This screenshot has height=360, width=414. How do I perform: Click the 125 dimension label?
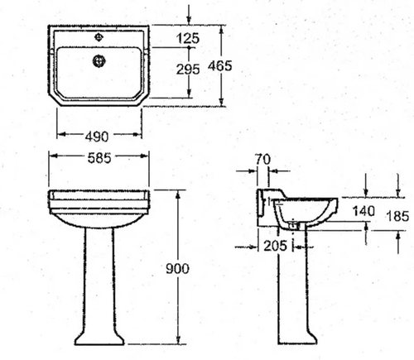click(x=188, y=38)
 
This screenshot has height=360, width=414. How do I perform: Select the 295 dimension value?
click(x=188, y=69)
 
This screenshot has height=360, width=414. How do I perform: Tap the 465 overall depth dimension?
click(x=220, y=65)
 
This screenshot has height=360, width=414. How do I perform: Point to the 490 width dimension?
click(x=97, y=137)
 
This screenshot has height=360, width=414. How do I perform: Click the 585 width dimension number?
click(x=99, y=158)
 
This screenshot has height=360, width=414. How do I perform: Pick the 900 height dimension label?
click(x=177, y=268)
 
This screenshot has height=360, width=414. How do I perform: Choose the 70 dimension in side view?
click(x=262, y=159)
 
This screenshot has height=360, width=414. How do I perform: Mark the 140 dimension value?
click(x=364, y=211)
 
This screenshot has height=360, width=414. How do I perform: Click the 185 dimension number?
click(x=397, y=216)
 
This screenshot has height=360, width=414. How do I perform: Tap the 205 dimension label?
click(x=275, y=246)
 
